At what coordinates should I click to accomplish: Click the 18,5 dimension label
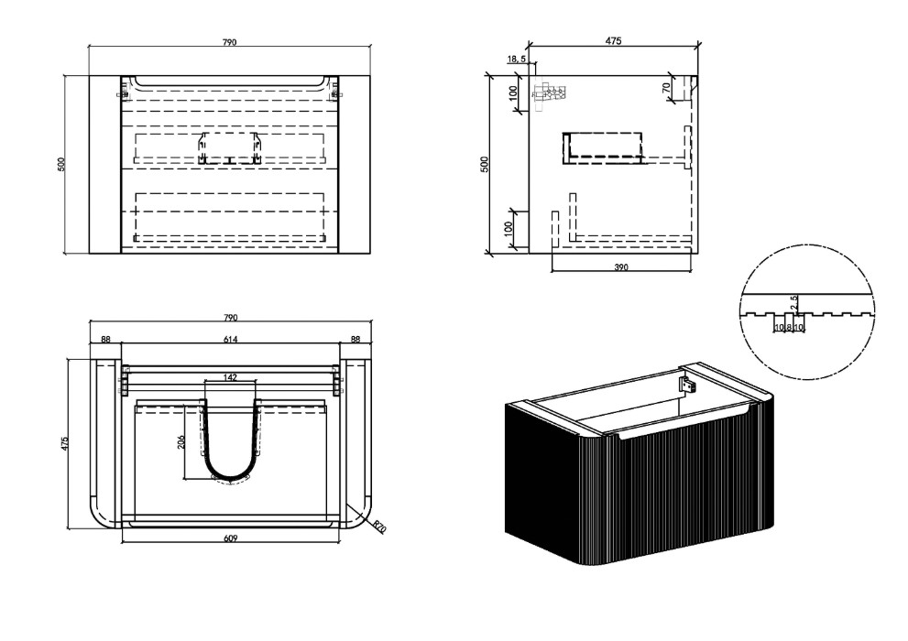(x=517, y=59)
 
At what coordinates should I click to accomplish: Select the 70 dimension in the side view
(x=666, y=88)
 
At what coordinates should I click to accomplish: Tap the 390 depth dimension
(x=621, y=267)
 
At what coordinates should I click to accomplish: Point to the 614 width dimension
(x=231, y=339)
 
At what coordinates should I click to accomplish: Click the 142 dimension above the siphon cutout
(x=230, y=378)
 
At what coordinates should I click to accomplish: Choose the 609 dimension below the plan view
(x=231, y=538)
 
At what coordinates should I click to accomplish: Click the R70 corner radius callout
(x=379, y=527)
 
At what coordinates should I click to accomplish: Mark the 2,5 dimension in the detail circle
(x=794, y=302)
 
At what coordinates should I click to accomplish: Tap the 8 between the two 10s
(x=789, y=328)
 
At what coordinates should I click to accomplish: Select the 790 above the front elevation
(x=230, y=42)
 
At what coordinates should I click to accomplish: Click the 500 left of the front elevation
(x=61, y=164)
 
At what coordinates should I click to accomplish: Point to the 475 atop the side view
(x=613, y=40)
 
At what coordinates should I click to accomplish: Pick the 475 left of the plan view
(x=65, y=444)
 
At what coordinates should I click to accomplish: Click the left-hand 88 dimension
(x=105, y=339)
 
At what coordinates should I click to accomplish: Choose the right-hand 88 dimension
(x=356, y=339)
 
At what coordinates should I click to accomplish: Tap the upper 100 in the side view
(x=512, y=92)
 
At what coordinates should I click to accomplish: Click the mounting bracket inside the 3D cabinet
(x=687, y=384)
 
